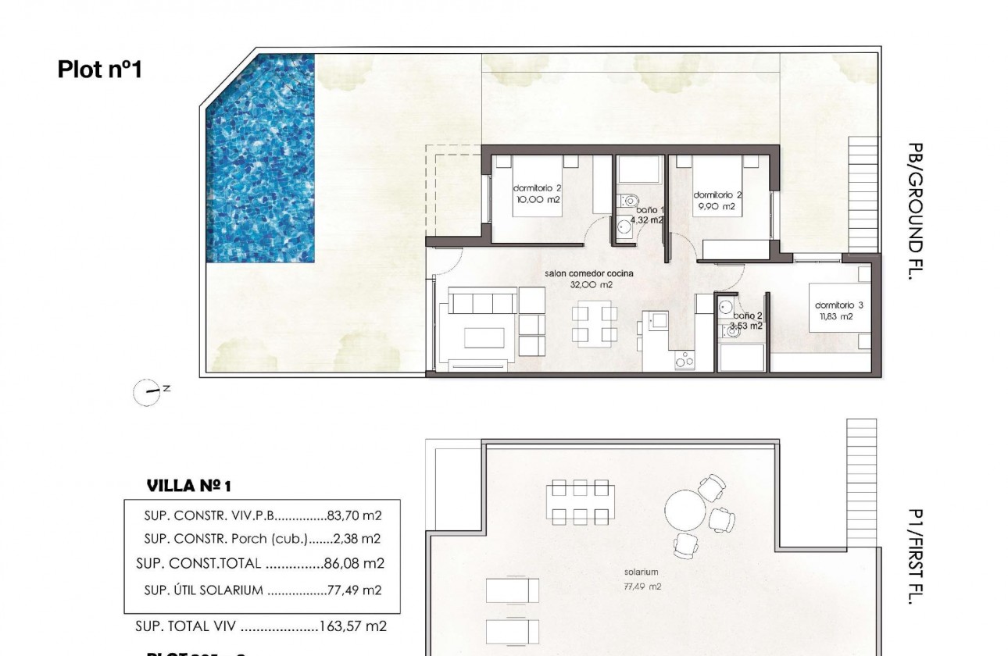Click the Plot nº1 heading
[99, 70]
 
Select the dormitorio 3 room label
[838, 305]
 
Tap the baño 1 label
[649, 210]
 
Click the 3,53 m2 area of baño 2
[745, 326]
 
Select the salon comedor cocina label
[589, 273]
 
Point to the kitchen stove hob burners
[685, 361]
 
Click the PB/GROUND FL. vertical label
[916, 211]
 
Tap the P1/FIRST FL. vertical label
[916, 556]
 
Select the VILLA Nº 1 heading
[189, 486]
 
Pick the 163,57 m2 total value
[354, 626]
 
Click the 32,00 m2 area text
[591, 285]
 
